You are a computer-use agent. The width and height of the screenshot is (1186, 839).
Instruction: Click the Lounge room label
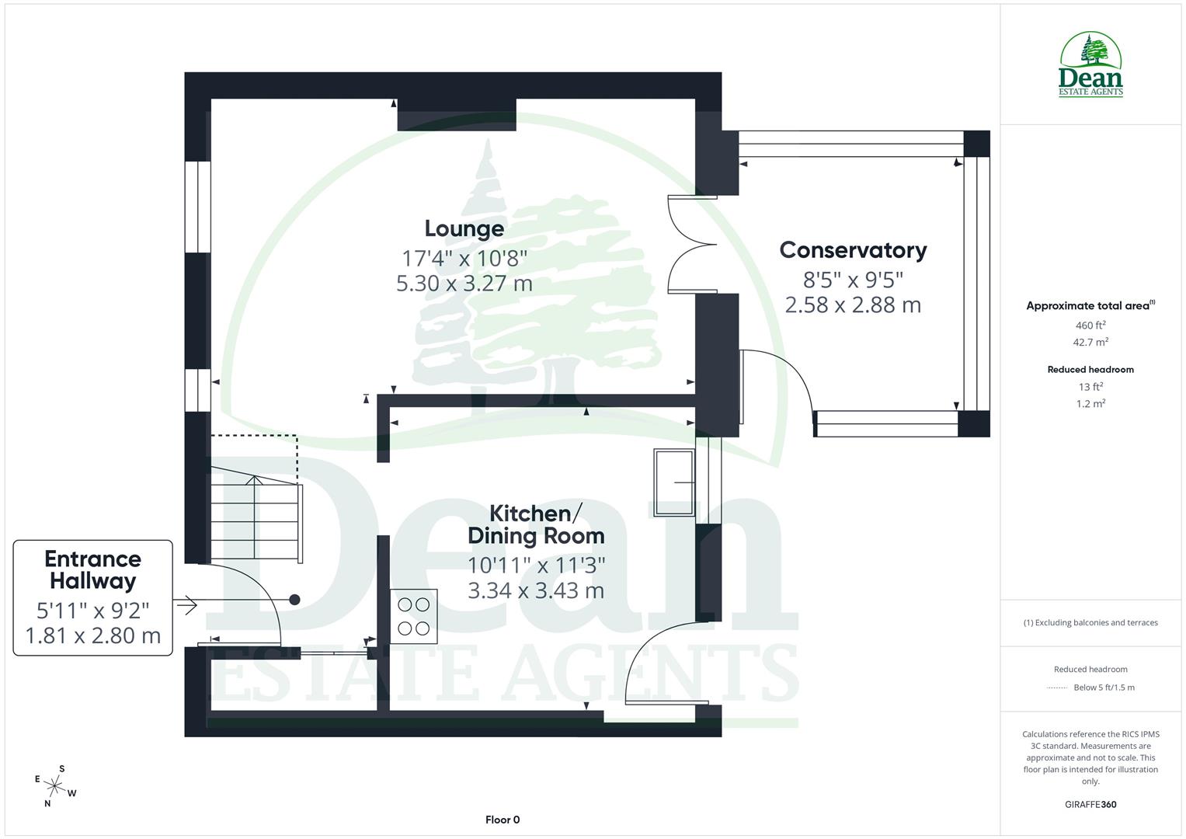pyautogui.click(x=464, y=228)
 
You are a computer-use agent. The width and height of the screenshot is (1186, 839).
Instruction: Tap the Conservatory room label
pyautogui.click(x=853, y=250)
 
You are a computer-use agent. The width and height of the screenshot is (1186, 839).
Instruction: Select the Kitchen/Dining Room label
pyautogui.click(x=535, y=524)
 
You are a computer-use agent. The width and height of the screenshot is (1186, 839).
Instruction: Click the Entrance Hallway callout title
pyautogui.click(x=92, y=569)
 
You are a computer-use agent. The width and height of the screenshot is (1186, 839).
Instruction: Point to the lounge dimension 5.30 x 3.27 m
pyautogui.click(x=464, y=283)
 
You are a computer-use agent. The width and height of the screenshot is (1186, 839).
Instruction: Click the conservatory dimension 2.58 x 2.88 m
pyautogui.click(x=853, y=305)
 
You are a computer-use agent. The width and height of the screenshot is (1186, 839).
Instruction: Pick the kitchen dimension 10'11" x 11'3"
pyautogui.click(x=535, y=565)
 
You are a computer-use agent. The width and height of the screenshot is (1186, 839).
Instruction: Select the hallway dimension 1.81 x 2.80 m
pyautogui.click(x=92, y=635)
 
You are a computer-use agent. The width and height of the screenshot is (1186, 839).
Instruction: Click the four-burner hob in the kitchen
pyautogui.click(x=413, y=616)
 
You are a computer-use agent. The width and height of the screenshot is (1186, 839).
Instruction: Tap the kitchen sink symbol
pyautogui.click(x=674, y=482)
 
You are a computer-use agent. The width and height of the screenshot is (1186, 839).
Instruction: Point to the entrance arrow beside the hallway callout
pyautogui.click(x=186, y=604)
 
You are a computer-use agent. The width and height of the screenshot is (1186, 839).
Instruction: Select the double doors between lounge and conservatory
pyautogui.click(x=691, y=245)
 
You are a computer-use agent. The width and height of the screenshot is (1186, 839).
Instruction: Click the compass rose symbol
pyautogui.click(x=54, y=785)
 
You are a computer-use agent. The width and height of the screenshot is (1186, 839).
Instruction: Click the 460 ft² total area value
pyautogui.click(x=1090, y=326)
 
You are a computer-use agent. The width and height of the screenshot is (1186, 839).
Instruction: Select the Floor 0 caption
pyautogui.click(x=502, y=820)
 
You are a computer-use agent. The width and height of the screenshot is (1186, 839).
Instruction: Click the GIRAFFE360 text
pyautogui.click(x=1090, y=804)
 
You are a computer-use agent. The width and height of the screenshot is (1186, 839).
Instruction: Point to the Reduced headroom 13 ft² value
pyautogui.click(x=1090, y=387)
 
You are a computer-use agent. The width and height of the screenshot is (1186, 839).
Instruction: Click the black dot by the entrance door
pyautogui.click(x=294, y=599)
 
